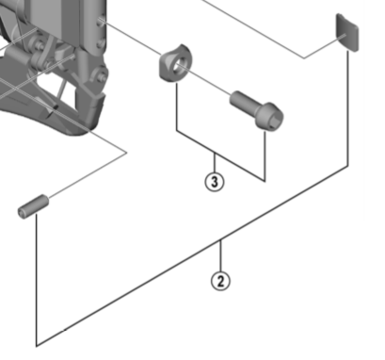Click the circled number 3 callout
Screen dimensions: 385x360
[x=215, y=182]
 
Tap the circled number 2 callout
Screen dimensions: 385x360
[x=220, y=281]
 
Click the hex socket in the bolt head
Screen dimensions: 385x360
[x=272, y=121]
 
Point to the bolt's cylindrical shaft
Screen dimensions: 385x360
[x=243, y=101]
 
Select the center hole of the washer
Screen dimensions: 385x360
[x=179, y=65]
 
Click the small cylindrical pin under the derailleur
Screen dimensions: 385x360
[x=33, y=206]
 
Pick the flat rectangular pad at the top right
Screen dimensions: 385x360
[x=347, y=32]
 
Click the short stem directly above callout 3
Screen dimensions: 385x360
[x=215, y=162]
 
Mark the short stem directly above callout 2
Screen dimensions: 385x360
[x=221, y=255]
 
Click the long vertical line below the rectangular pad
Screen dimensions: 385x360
[x=348, y=107]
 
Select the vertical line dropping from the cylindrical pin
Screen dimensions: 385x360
[x=37, y=280]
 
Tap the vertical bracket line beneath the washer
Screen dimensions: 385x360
[x=177, y=106]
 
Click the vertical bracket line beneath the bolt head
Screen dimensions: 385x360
[x=265, y=155]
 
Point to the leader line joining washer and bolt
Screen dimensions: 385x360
[x=204, y=79]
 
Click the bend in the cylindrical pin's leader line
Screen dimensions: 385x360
[x=126, y=153]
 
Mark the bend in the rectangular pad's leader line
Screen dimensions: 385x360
[x=304, y=58]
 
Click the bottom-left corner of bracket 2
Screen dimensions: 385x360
[x=37, y=346]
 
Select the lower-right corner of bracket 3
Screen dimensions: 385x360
[x=265, y=181]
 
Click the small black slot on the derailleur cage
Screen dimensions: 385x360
[x=56, y=107]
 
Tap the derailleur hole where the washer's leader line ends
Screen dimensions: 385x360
[x=101, y=22]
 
